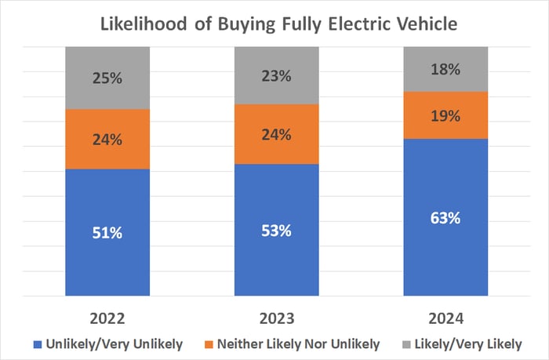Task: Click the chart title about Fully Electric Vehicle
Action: (x=275, y=24)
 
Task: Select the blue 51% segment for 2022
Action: (x=107, y=233)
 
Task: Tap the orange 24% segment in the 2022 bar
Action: (x=107, y=139)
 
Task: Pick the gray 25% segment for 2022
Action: (x=107, y=78)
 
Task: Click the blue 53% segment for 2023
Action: (x=276, y=230)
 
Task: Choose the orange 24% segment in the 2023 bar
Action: (x=276, y=134)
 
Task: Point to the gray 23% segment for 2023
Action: (x=276, y=75)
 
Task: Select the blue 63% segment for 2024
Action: (x=445, y=218)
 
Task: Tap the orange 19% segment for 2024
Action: (x=445, y=115)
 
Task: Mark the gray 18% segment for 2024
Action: (x=445, y=69)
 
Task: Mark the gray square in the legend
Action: (x=405, y=344)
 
